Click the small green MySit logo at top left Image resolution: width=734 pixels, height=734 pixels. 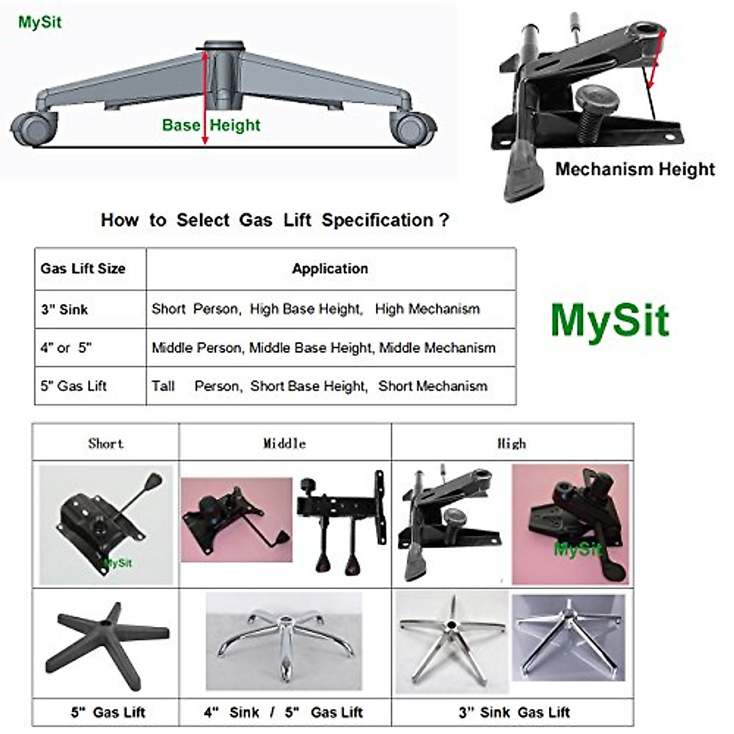pos(40,23)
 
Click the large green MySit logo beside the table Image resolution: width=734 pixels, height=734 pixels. pos(610,320)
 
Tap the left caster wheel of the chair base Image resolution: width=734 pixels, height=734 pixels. pos(34,128)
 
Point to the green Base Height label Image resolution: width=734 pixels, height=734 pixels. pos(211,125)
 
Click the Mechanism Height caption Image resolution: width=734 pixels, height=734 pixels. pos(634,169)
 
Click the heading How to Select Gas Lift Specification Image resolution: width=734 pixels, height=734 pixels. pos(275,220)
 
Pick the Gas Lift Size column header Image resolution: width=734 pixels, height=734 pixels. pos(83,269)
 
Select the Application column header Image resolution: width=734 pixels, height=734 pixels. pos(330,269)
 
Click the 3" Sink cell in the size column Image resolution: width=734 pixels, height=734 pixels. pos(65,310)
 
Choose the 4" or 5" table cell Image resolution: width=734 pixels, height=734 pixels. pos(66,348)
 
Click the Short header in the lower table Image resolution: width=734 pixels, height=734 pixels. pos(105,443)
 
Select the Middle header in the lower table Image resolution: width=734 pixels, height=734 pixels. pos(284,443)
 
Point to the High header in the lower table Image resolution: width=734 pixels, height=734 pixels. pos(511,443)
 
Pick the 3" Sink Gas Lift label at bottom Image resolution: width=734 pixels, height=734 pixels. pos(514,713)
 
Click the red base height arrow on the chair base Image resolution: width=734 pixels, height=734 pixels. pos(205,98)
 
